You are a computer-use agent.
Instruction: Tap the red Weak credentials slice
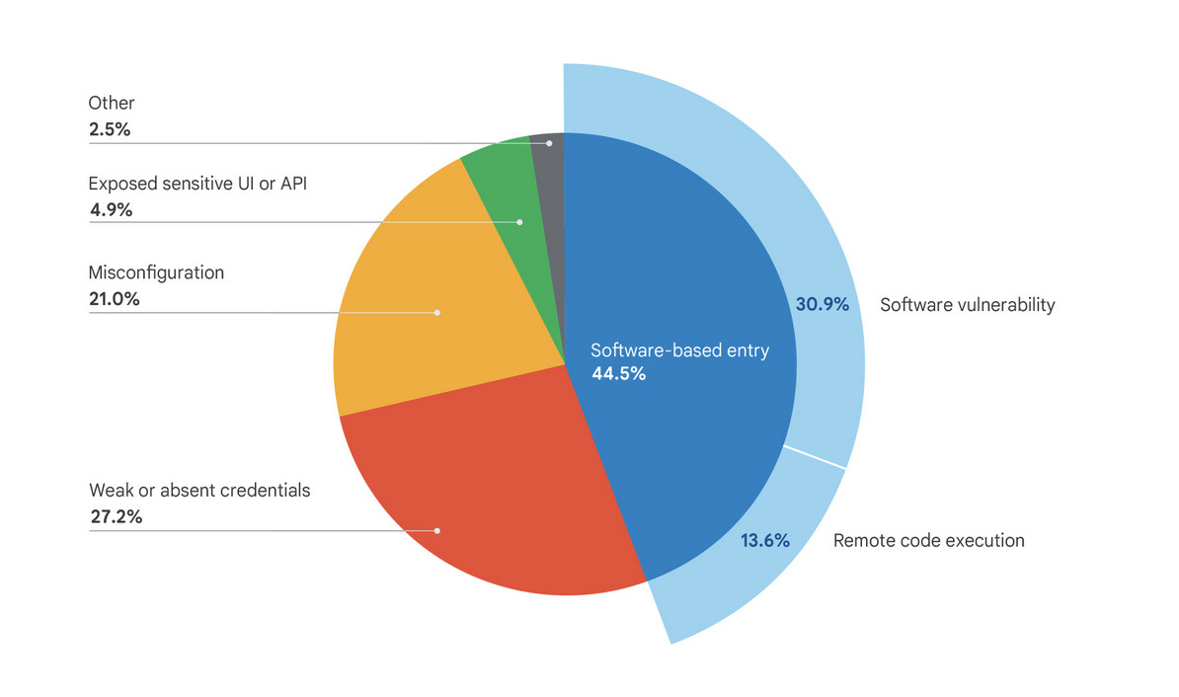pyautogui.click(x=474, y=494)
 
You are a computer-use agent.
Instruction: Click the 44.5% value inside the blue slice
pyautogui.click(x=619, y=373)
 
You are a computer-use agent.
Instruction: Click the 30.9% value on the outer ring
pyautogui.click(x=823, y=304)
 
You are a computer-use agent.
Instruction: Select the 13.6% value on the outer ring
pyautogui.click(x=765, y=540)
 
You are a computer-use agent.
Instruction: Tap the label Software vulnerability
pyautogui.click(x=968, y=304)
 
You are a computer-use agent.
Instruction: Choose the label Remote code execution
pyautogui.click(x=929, y=540)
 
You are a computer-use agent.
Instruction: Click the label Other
pyautogui.click(x=112, y=103)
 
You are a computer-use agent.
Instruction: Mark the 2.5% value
pyautogui.click(x=110, y=128)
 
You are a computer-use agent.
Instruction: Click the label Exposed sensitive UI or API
pyautogui.click(x=197, y=184)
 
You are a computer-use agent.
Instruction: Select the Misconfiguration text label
pyautogui.click(x=156, y=272)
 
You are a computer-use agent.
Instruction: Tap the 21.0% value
pyautogui.click(x=114, y=298)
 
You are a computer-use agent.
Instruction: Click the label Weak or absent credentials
pyautogui.click(x=199, y=490)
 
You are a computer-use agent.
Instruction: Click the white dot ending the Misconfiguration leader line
pyautogui.click(x=437, y=313)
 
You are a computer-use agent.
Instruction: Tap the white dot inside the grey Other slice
pyautogui.click(x=549, y=143)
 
